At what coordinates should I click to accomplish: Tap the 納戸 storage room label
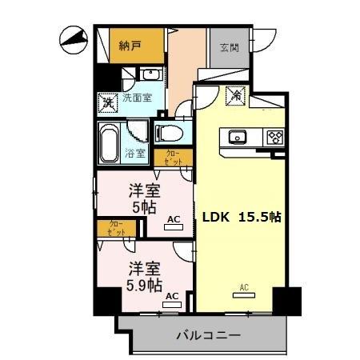pyautogui.click(x=130, y=46)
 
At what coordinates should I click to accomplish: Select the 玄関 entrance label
pyautogui.click(x=229, y=46)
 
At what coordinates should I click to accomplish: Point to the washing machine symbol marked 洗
pyautogui.click(x=107, y=102)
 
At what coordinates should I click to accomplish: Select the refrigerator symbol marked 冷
pyautogui.click(x=237, y=94)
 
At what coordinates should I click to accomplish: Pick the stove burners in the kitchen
pyautogui.click(x=274, y=137)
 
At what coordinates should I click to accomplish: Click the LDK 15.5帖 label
pyautogui.click(x=239, y=216)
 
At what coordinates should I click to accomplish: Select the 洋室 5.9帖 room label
pyautogui.click(x=144, y=276)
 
